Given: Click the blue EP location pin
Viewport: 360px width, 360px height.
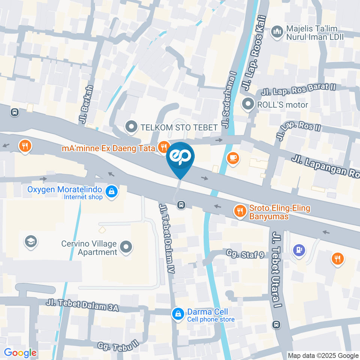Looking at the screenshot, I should (x=180, y=157).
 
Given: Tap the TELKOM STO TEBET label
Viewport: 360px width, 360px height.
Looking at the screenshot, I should (x=179, y=127).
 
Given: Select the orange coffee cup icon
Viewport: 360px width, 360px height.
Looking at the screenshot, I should (x=233, y=158).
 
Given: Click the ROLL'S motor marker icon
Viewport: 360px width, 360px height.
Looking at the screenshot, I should (x=248, y=105).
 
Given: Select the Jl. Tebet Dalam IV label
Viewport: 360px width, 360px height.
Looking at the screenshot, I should (x=166, y=238).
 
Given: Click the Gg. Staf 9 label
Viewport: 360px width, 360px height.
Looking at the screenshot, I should (x=245, y=255).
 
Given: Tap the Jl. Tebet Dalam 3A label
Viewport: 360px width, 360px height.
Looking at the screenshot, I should (x=82, y=305).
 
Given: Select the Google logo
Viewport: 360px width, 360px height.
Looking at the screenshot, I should (x=20, y=353).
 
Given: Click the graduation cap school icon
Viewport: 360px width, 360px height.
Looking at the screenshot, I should (x=30, y=242).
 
